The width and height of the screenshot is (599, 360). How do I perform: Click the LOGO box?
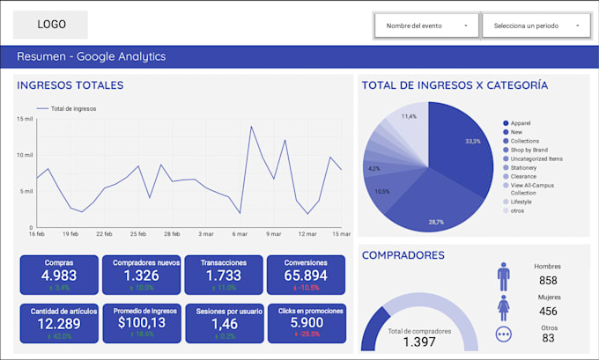point(51,25)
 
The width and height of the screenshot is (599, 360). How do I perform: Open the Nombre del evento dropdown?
point(426,26)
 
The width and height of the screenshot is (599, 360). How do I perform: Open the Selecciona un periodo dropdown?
point(536,26)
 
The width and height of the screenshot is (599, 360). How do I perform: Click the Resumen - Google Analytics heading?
point(91,57)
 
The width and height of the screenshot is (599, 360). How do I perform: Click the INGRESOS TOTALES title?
point(70,85)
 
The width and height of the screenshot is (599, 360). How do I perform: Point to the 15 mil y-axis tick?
point(24,118)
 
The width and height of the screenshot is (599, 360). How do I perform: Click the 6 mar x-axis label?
point(240,234)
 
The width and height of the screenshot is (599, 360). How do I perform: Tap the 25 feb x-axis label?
point(137,234)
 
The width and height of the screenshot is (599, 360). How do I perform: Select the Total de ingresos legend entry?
point(73,108)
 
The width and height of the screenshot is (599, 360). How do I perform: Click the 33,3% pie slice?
point(462,145)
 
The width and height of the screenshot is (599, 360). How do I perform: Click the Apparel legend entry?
point(520,123)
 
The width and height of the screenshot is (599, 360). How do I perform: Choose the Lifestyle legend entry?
point(521,202)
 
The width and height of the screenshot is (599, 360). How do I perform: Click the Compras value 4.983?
point(58,276)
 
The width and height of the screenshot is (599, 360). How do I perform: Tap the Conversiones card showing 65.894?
point(306,275)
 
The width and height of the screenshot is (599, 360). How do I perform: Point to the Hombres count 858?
point(547,281)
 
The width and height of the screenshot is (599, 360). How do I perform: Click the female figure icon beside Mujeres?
point(504,308)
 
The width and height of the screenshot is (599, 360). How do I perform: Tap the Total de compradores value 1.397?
point(418,341)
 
